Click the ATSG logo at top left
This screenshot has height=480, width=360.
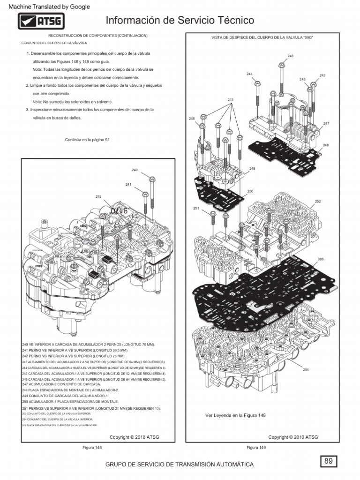41,22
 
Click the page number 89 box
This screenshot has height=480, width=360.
329,461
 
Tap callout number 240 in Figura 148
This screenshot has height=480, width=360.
135,170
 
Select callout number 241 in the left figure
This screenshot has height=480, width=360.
128,185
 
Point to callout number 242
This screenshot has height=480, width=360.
98,196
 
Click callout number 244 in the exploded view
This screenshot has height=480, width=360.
249,74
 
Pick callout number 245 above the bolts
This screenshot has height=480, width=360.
230,100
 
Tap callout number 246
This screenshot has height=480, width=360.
191,119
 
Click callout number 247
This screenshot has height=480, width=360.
326,123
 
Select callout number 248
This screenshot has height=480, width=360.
326,145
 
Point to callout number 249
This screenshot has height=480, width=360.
252,168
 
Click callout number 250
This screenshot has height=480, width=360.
250,191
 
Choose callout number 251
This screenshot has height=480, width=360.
196,208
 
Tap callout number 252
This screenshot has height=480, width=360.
318,201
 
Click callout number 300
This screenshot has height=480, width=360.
320,259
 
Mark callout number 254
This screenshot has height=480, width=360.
306,370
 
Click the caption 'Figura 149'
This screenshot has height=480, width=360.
256,448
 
